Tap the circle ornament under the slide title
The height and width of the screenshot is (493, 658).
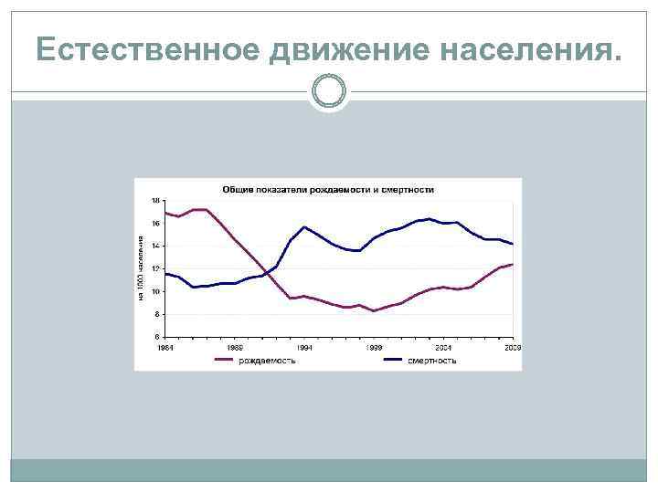[x=329, y=91]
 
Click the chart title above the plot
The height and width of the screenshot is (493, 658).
[x=328, y=189]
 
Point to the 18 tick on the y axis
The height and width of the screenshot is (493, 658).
[x=154, y=200]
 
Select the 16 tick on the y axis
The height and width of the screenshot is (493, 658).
[x=154, y=223]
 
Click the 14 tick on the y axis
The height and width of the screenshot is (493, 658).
[x=154, y=246]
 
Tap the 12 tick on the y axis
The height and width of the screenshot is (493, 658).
[x=154, y=268]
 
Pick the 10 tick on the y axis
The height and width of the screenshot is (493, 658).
[x=154, y=291]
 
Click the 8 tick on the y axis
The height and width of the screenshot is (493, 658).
[x=155, y=314]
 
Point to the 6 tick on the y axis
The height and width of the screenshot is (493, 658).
[x=155, y=336]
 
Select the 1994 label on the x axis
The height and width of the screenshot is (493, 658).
[x=304, y=348]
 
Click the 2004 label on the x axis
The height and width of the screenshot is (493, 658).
[x=443, y=348]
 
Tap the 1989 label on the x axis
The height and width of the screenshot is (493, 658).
[x=235, y=348]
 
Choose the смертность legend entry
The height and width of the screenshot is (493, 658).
[x=431, y=361]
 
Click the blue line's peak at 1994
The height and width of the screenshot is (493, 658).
[x=304, y=226]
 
